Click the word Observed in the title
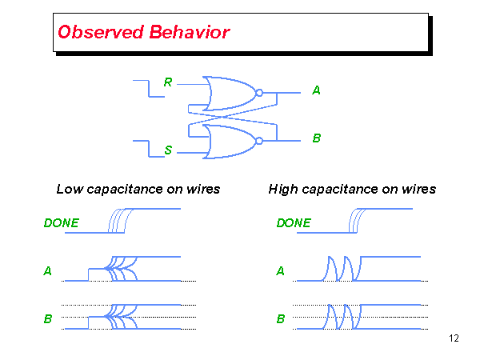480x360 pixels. (x=98, y=33)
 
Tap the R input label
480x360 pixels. (x=167, y=82)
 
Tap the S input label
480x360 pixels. (x=168, y=150)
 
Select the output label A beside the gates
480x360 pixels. (x=316, y=91)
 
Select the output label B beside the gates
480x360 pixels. (x=316, y=138)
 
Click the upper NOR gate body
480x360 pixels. (x=228, y=94)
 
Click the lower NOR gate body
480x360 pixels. (x=228, y=141)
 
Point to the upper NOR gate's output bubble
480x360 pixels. (x=258, y=94)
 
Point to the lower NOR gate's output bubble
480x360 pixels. (x=258, y=141)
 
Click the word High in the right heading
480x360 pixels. (x=283, y=190)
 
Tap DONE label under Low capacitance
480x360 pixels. (x=61, y=223)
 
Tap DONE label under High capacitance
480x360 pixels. (x=294, y=223)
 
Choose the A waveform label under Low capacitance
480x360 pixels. (x=48, y=271)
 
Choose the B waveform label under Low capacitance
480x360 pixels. (x=48, y=319)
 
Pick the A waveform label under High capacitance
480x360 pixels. (x=280, y=271)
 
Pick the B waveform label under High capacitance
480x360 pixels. (x=280, y=319)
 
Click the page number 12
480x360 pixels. (x=454, y=339)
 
